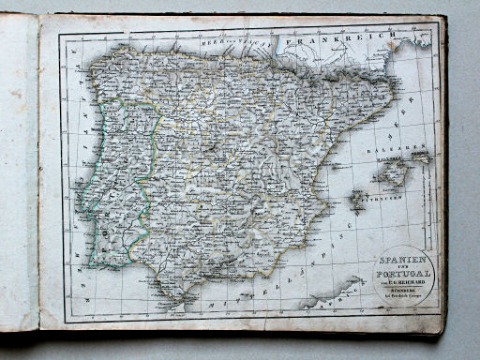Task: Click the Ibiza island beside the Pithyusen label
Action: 357,200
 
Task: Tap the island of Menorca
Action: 423,157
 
